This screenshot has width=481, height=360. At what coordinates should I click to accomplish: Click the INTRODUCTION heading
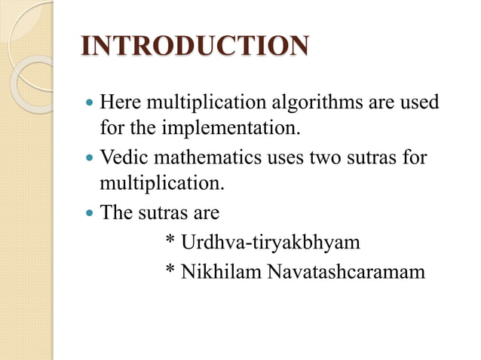click(x=194, y=47)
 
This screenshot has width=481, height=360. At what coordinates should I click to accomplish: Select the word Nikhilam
click(x=221, y=270)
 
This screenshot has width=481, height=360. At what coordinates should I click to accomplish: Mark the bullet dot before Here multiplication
click(x=90, y=102)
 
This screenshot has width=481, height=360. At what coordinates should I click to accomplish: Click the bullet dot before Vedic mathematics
click(x=90, y=158)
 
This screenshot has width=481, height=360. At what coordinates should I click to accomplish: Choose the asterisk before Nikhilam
click(x=170, y=269)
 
